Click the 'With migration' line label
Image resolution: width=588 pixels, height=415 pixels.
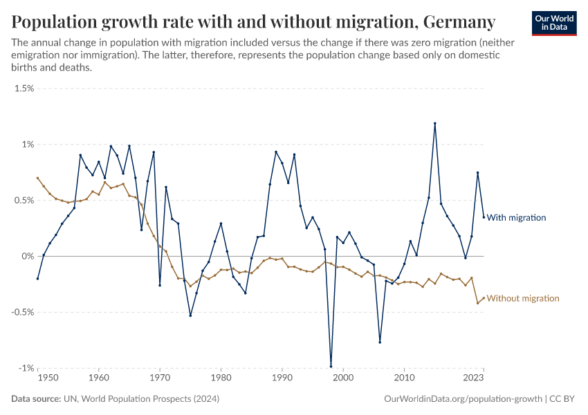[x=516, y=218]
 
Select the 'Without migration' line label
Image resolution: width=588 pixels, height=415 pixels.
[x=523, y=299]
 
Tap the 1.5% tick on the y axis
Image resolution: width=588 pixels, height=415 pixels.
[x=24, y=89]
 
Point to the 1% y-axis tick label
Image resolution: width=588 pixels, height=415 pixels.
[x=28, y=145]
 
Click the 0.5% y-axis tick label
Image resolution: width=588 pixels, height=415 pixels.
[x=24, y=201]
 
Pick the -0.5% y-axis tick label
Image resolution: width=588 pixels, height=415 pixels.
[x=23, y=312]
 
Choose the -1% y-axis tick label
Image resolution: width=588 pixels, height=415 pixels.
[x=26, y=368]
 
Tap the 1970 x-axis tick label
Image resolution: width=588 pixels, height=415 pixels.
[x=160, y=379]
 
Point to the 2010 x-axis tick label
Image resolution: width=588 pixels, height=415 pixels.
[x=404, y=379]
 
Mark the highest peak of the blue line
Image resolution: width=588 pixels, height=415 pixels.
[x=434, y=124]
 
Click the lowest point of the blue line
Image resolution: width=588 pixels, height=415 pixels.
[x=331, y=367]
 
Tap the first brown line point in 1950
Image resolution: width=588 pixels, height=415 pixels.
[x=38, y=178]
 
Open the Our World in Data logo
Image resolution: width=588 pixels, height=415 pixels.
[x=554, y=23]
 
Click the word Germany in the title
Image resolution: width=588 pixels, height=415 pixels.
[x=459, y=22]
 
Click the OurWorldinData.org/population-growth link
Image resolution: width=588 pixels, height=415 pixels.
[x=462, y=399]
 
